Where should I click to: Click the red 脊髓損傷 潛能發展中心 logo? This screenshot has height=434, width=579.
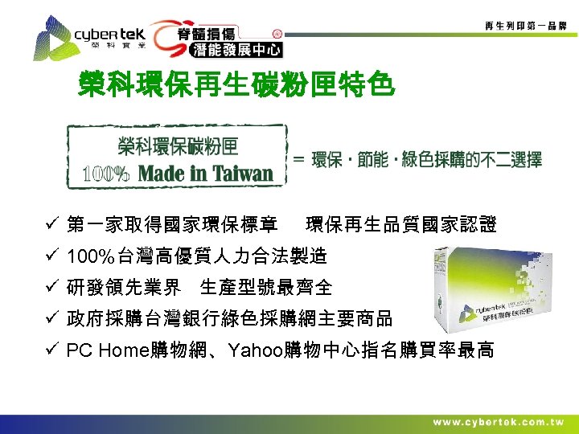pos(218,39)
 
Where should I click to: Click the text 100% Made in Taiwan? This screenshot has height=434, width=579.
pos(179,173)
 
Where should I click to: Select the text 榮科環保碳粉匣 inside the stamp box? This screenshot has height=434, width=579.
pos(179,146)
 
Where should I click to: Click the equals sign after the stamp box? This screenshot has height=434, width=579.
pos(298,160)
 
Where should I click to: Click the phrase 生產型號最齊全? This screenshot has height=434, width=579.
pos(265,287)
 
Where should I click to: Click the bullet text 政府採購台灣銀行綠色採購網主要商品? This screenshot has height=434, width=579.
pos(229,318)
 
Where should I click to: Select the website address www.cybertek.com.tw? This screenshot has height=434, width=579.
pos(498,422)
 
